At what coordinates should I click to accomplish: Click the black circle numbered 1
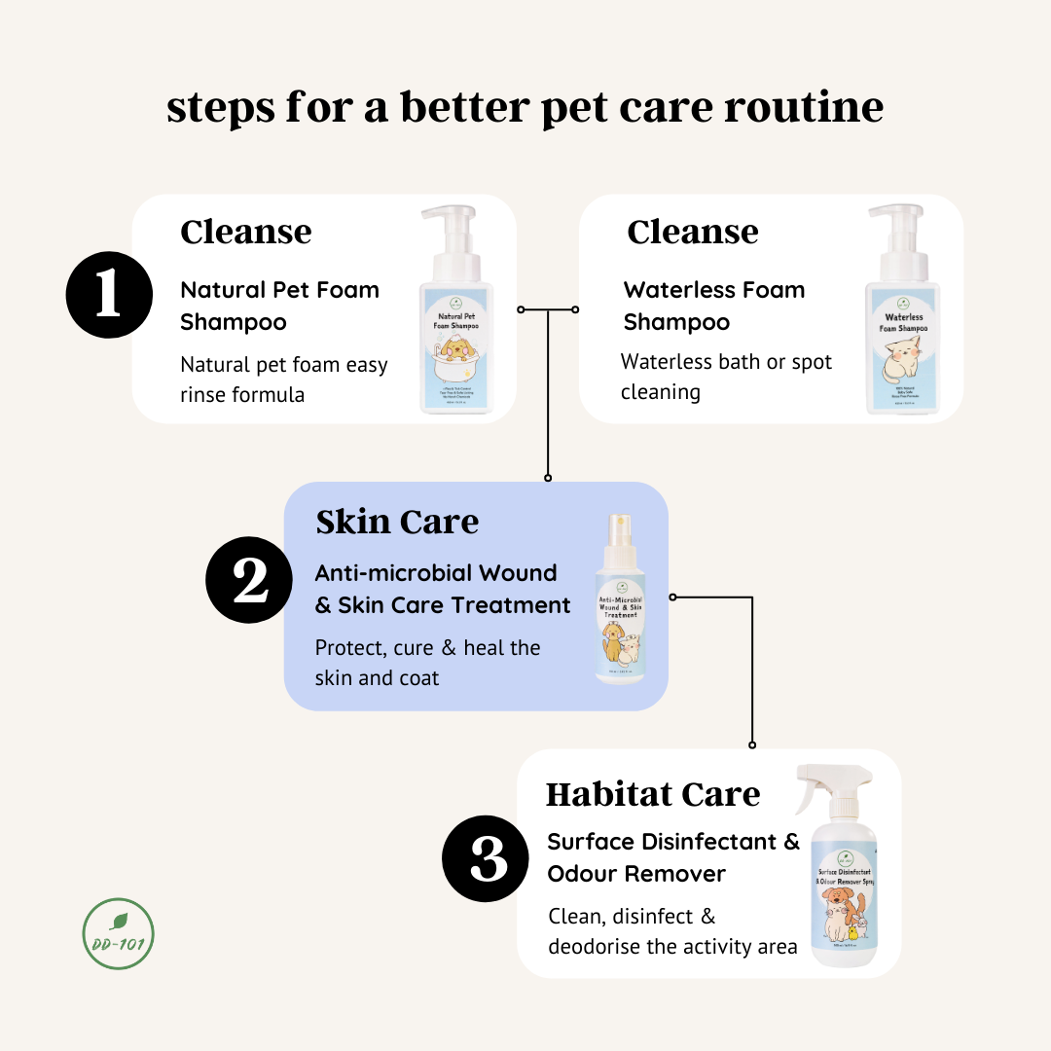pyautogui.click(x=109, y=294)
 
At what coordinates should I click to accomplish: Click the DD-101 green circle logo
pyautogui.click(x=119, y=934)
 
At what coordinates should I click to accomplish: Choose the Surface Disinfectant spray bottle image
pyautogui.click(x=842, y=876)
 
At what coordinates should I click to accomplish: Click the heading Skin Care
pyautogui.click(x=397, y=522)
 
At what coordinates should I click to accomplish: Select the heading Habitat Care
pyautogui.click(x=652, y=794)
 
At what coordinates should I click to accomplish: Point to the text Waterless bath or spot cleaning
pyautogui.click(x=726, y=377)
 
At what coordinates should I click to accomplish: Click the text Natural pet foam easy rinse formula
pyautogui.click(x=284, y=380)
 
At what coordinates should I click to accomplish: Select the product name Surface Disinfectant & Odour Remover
pyautogui.click(x=672, y=857)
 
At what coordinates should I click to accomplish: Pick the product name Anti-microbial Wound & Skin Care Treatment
pyautogui.click(x=443, y=589)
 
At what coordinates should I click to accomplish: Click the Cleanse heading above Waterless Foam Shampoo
pyautogui.click(x=692, y=232)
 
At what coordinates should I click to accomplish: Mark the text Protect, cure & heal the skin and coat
pyautogui.click(x=427, y=662)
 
